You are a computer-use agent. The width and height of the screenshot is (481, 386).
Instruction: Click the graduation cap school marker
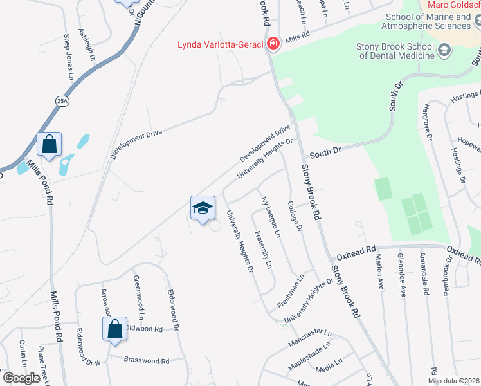(202, 208)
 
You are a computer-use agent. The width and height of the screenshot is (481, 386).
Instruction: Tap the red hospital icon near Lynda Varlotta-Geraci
(273, 44)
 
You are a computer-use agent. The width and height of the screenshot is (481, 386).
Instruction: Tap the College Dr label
(295, 216)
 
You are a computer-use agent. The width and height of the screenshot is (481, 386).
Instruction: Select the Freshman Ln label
(290, 293)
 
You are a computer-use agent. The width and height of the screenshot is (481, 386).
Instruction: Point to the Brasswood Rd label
(147, 361)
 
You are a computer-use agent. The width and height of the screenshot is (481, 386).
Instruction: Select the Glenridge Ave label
(402, 274)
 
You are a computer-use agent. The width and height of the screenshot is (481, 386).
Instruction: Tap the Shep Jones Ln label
(67, 53)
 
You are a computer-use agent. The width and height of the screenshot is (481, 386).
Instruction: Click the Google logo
(21, 378)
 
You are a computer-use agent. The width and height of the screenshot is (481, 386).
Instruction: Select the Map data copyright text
(453, 381)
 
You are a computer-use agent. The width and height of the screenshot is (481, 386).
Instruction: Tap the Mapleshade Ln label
(309, 353)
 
